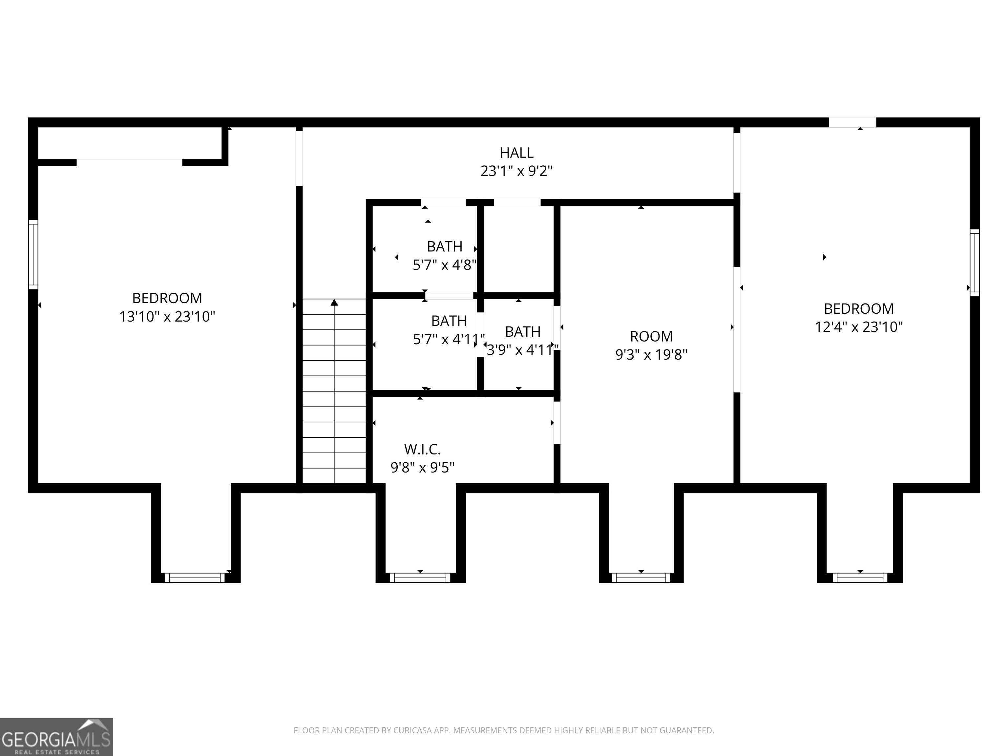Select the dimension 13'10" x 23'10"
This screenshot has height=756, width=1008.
tap(167, 316)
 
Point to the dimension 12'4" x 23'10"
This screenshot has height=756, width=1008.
tap(859, 327)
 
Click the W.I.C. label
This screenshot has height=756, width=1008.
tap(422, 450)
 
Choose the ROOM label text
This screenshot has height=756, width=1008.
tap(651, 337)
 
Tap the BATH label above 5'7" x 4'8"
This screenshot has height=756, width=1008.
tap(445, 246)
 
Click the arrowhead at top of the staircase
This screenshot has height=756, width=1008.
tap(334, 302)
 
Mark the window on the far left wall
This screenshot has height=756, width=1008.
tap(33, 254)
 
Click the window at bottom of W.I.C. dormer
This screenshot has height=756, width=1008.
tap(420, 578)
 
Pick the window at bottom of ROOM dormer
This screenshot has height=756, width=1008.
tap(641, 578)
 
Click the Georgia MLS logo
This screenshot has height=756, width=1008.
tap(56, 737)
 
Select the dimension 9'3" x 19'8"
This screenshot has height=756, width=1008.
tap(651, 354)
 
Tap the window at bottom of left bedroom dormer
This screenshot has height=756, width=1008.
tap(195, 578)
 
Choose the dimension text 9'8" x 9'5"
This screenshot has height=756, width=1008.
tap(422, 468)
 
